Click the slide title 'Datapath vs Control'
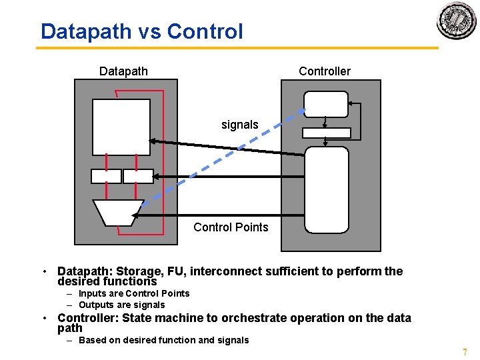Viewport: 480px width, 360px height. click(141, 31)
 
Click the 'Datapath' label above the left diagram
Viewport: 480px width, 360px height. click(123, 71)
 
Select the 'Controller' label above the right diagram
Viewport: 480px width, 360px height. click(325, 71)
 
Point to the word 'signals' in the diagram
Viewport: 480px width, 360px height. click(239, 125)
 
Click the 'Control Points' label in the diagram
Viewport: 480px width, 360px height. click(231, 227)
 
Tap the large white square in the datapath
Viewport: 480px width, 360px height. click(122, 127)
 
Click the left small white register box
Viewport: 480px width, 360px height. click(106, 176)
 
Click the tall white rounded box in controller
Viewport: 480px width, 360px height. click(327, 190)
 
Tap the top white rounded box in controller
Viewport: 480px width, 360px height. click(326, 104)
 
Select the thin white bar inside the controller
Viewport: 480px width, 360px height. click(326, 133)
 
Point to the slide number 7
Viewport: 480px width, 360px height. click(465, 352)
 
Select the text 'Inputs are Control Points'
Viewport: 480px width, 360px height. click(133, 293)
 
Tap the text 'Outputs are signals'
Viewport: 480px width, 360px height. click(121, 305)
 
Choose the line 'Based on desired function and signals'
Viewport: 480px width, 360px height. click(163, 340)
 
